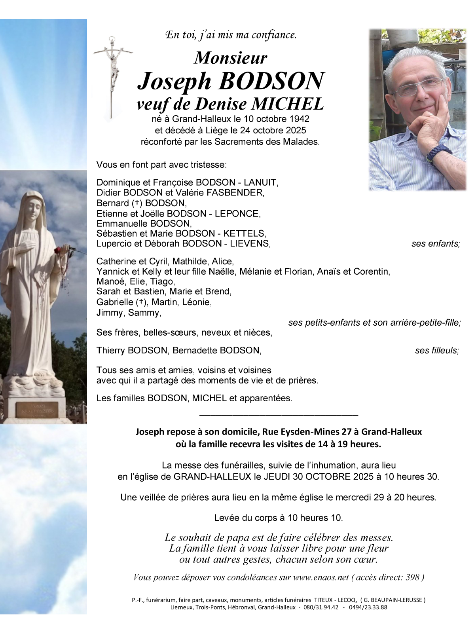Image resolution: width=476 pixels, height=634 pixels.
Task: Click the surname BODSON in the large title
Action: coord(271,81)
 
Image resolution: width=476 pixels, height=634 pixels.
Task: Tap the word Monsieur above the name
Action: coord(231,58)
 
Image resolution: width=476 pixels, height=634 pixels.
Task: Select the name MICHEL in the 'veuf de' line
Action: coord(288,104)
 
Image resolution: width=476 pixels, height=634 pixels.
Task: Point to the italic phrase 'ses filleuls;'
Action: coord(437,351)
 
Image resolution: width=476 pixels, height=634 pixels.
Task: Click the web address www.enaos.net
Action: coord(321,577)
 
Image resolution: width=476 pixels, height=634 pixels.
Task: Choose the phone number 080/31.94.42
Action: coord(321,607)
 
